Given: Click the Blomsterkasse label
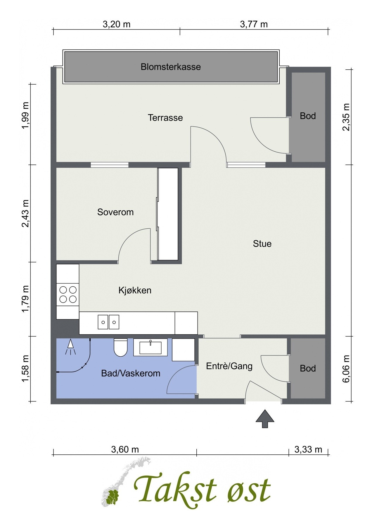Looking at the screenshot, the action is tap(171, 67).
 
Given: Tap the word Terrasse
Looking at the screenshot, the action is tap(165, 118).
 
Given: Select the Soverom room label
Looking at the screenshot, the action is tap(115, 212).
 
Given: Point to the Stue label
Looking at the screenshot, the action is tap(262, 244).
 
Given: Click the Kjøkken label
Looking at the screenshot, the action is tap(135, 290).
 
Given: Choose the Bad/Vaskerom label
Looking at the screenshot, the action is tap(131, 373).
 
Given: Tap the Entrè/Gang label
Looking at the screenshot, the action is tap(229, 366).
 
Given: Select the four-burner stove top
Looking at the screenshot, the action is tap(68, 295).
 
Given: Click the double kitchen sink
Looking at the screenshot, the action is tap(108, 322).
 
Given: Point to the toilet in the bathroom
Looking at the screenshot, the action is tap(120, 348).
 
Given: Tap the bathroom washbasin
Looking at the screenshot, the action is tap(150, 348).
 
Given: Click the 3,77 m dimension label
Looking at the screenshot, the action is tap(254, 24).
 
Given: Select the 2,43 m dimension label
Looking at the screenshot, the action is tap(25, 213).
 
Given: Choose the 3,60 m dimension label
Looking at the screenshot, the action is tap(125, 449).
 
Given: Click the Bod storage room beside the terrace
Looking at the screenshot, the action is tap(308, 117).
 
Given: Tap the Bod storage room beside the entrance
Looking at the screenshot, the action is tap(308, 368).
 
